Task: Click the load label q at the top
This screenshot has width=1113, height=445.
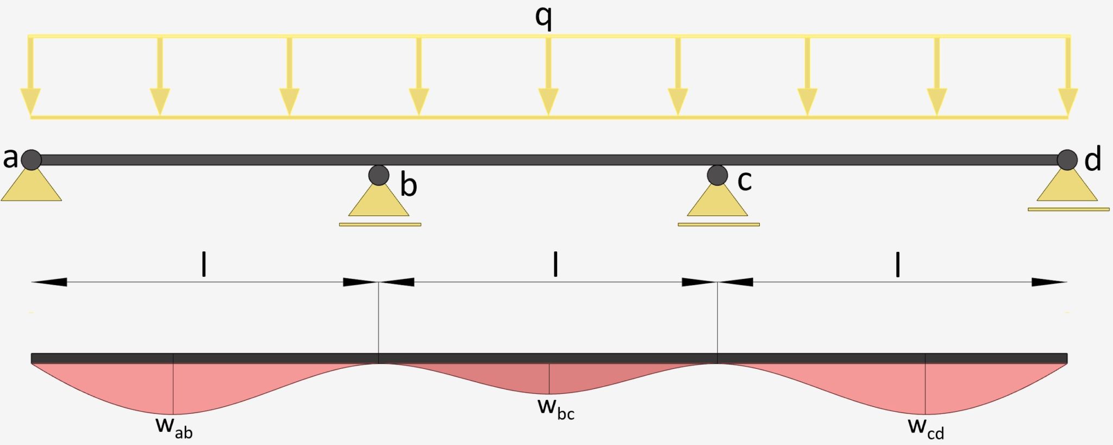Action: (543, 17)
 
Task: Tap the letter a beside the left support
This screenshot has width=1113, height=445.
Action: (10, 158)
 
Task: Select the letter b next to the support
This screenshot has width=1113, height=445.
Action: (409, 185)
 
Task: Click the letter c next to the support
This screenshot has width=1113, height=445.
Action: (745, 181)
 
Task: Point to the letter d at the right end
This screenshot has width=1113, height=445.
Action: (1092, 159)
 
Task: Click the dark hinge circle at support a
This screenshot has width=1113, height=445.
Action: (32, 160)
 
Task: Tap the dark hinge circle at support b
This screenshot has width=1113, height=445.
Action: (379, 175)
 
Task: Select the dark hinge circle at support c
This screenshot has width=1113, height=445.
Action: (717, 175)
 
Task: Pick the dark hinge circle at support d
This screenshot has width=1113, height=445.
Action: (1067, 160)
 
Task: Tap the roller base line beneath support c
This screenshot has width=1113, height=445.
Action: (718, 224)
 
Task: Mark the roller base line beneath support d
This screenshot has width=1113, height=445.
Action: (1068, 209)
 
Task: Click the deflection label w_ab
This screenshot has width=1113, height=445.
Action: (174, 427)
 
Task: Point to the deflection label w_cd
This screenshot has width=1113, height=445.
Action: (926, 428)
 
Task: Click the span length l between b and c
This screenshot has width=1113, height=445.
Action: (555, 264)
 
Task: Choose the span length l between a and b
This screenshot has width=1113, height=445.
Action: (204, 264)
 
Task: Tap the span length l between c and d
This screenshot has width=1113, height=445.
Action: (898, 264)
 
